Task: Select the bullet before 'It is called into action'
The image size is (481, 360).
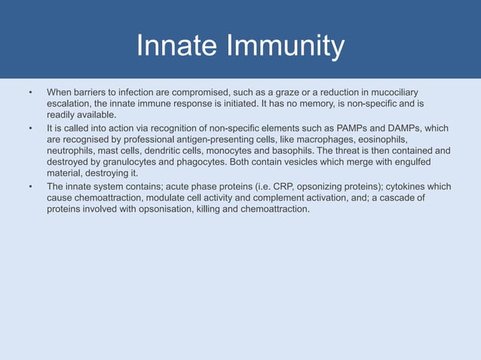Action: pyautogui.click(x=31, y=128)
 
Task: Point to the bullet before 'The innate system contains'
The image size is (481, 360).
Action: pyautogui.click(x=31, y=186)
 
